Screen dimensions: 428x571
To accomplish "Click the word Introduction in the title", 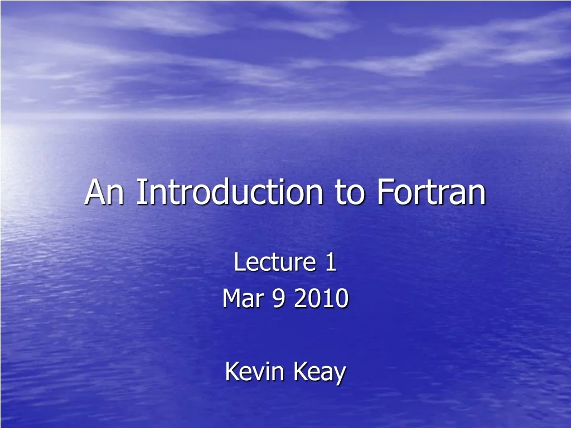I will [229, 192].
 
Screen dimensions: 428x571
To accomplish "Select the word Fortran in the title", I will [430, 192].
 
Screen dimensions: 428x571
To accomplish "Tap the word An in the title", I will [106, 192].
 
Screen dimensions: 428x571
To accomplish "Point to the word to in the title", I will [349, 192].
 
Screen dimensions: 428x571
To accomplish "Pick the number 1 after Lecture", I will [331, 262].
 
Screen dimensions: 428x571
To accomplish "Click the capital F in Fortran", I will [383, 192].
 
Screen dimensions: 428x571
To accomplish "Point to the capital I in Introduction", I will [140, 192].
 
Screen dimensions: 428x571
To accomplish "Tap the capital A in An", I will [96, 192].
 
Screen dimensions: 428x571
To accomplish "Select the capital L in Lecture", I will [239, 262].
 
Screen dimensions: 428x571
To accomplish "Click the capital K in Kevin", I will [231, 372].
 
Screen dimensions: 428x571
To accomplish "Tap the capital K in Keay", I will [301, 372].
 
